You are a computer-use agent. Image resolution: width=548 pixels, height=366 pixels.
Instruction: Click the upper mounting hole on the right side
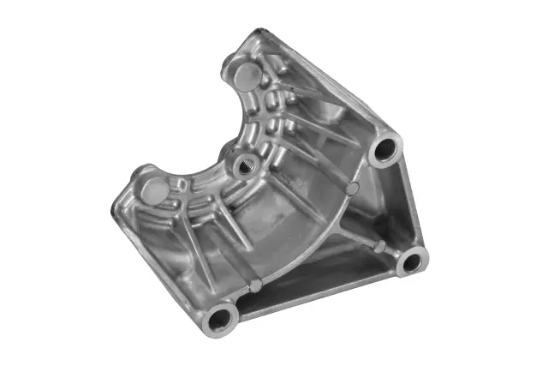386,150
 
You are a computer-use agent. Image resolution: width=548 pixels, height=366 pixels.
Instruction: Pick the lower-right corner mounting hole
413,261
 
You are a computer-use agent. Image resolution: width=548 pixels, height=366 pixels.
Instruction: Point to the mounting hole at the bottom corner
222,318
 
